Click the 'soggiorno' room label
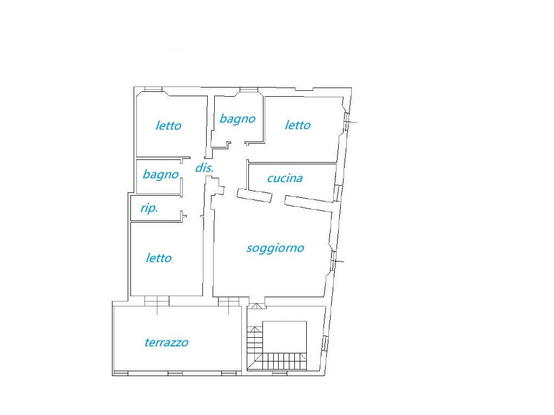click(x=275, y=248)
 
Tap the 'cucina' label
click(x=285, y=178)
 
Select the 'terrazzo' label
click(x=167, y=342)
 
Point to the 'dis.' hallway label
click(x=205, y=168)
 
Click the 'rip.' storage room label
click(x=149, y=208)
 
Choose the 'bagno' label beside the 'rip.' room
click(x=161, y=175)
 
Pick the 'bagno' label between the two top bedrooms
click(x=238, y=119)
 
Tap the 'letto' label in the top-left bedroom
click(x=169, y=125)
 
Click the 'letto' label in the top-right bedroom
click(x=298, y=125)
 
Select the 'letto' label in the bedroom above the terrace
click(x=159, y=258)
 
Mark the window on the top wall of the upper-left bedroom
click(x=153, y=89)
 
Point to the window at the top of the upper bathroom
click(x=249, y=90)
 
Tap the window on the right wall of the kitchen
click(x=338, y=193)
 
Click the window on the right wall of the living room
click(x=333, y=261)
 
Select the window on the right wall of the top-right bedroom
click(x=347, y=122)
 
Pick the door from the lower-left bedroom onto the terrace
click(x=157, y=301)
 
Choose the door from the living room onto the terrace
click(x=229, y=302)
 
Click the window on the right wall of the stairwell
click(x=325, y=343)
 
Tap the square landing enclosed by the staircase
click(x=285, y=337)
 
